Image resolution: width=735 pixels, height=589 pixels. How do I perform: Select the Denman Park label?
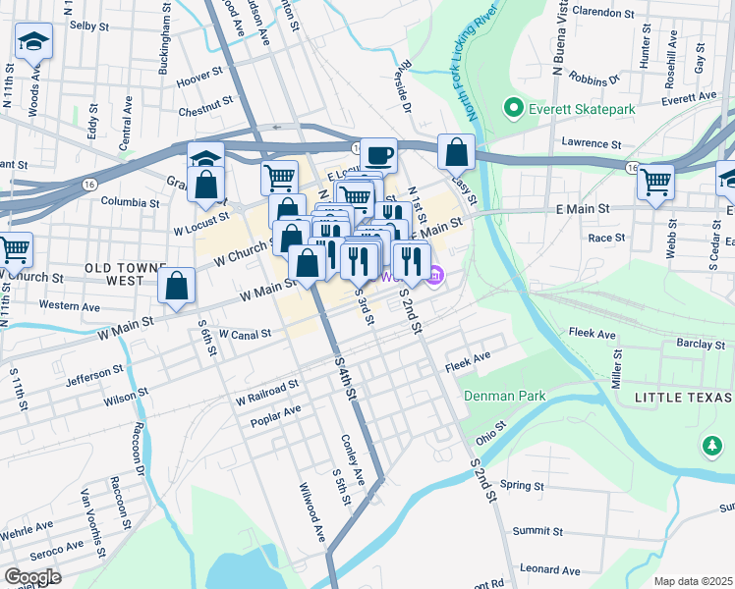(506, 396)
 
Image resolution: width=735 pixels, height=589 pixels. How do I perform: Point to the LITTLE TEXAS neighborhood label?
(683, 397)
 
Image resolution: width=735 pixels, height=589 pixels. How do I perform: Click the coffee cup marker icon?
(378, 154)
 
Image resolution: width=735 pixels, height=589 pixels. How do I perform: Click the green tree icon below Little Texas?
(712, 447)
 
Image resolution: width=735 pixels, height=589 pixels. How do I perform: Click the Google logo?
(31, 577)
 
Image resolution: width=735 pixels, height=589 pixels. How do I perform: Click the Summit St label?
(537, 530)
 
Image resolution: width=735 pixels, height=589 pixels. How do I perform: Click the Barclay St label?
(700, 344)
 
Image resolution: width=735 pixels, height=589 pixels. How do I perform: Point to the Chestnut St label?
(205, 100)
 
